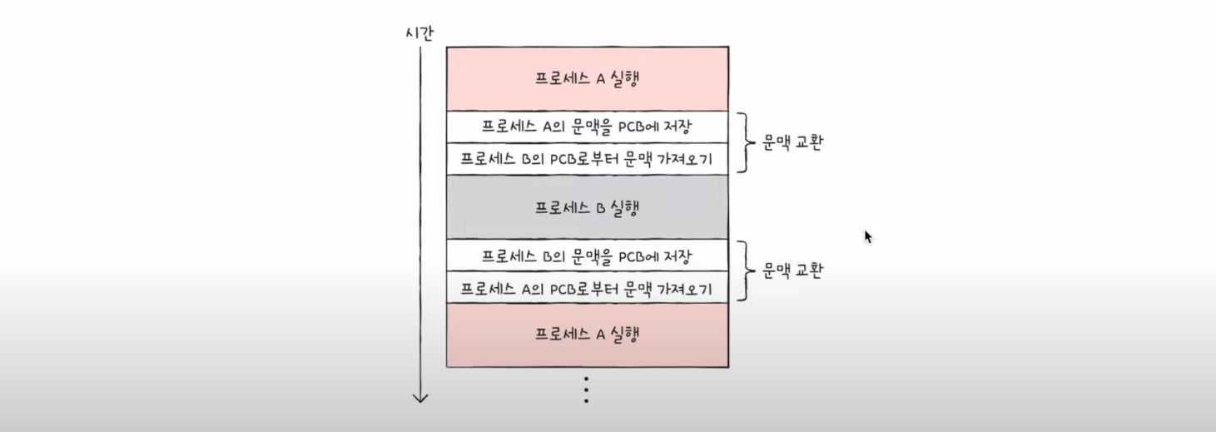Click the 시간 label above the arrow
[x=419, y=33]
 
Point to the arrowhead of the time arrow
[x=420, y=398]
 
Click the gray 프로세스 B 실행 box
[x=587, y=207]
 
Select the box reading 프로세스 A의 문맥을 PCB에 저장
[x=587, y=127]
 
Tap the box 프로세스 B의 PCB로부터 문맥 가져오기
[x=587, y=159]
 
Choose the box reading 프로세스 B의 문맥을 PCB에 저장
[x=587, y=256]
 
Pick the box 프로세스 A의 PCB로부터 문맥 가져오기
[x=587, y=288]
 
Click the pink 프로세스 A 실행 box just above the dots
[x=587, y=335]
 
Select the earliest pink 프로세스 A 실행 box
[x=587, y=79]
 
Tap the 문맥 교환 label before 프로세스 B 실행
[x=792, y=142]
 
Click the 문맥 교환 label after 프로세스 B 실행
[x=792, y=271]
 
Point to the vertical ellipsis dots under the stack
[x=586, y=390]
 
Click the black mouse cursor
[x=868, y=237]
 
